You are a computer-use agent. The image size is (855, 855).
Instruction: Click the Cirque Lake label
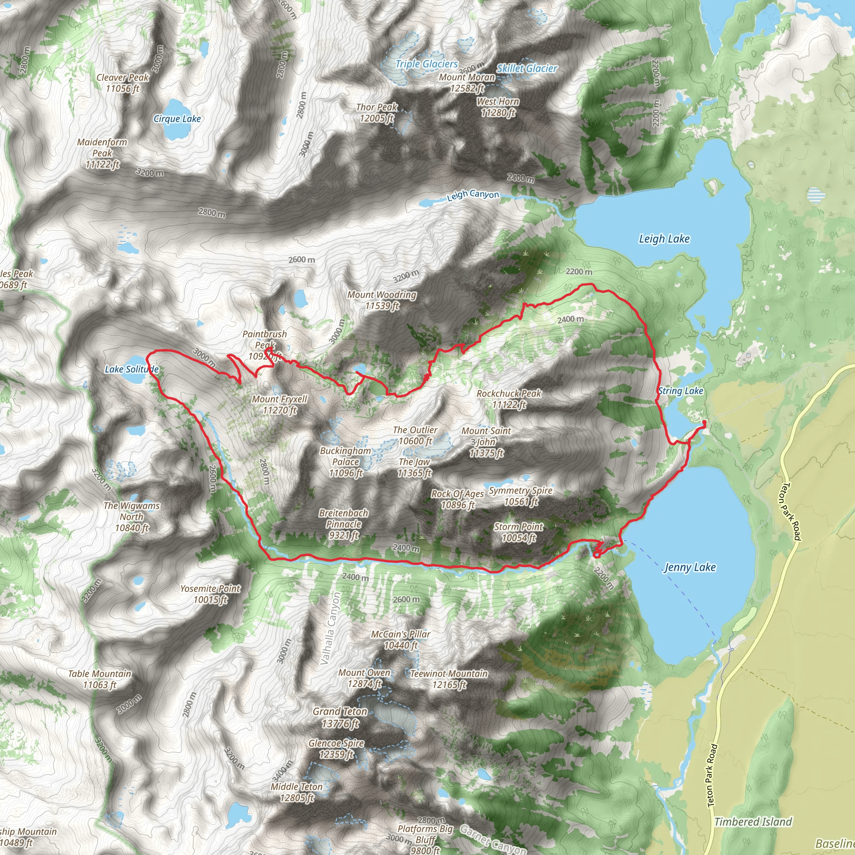[x=177, y=119]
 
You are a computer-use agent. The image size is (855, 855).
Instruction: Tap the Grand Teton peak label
[x=340, y=717]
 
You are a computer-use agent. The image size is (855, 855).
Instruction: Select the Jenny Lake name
[x=690, y=567]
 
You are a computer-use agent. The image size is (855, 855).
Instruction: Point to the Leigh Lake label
[x=664, y=239]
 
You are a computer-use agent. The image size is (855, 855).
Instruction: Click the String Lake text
[x=680, y=391]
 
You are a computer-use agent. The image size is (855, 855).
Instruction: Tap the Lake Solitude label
[x=132, y=369]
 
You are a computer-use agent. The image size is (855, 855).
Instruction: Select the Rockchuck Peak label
[x=508, y=399]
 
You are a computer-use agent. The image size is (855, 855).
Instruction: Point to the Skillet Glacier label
[x=526, y=68]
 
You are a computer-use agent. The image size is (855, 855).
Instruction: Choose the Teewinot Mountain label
[x=449, y=679]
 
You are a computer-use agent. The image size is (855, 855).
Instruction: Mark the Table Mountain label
[x=100, y=679]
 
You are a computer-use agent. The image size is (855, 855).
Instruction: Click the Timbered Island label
[x=753, y=822]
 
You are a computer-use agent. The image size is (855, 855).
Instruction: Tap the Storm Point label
[x=518, y=532]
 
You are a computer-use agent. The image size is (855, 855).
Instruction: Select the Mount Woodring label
[x=382, y=300]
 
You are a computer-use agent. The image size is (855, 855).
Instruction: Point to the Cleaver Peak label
[x=123, y=83]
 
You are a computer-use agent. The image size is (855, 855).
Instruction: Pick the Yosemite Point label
[x=210, y=594]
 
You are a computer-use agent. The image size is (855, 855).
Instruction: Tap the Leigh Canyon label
[x=473, y=195]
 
